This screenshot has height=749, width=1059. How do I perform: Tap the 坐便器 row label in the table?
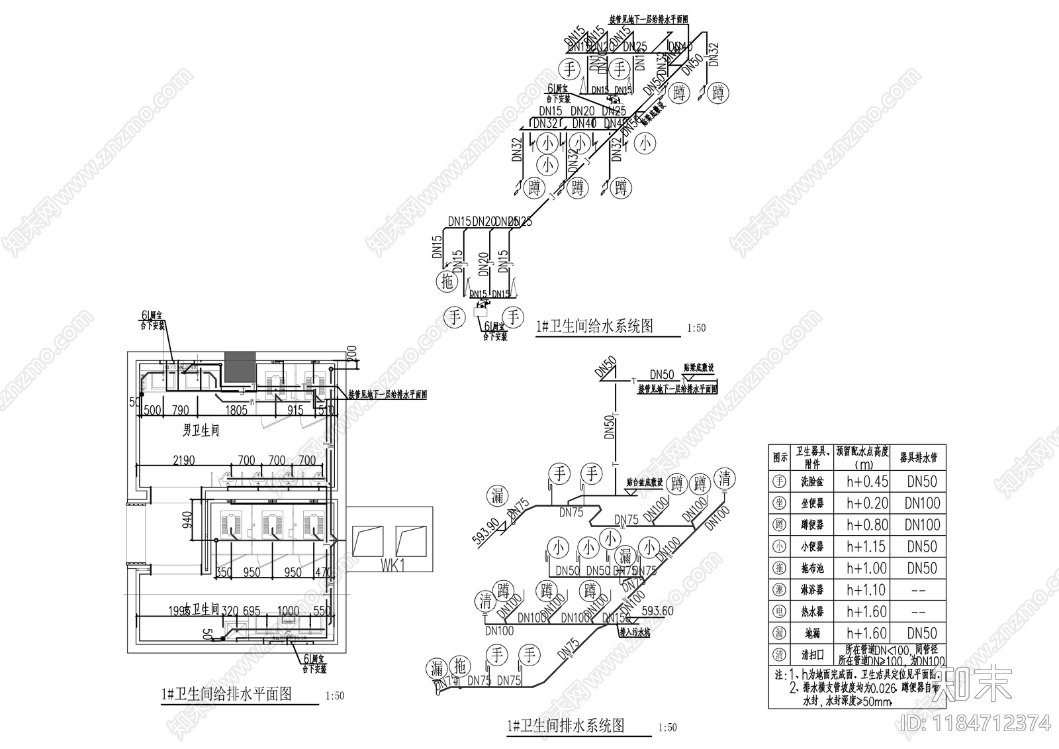(812, 504)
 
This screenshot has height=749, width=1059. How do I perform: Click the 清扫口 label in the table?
(812, 655)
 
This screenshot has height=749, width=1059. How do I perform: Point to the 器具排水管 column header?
(919, 458)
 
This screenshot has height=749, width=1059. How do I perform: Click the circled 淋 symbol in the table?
(780, 590)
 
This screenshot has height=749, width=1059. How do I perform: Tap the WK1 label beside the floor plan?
(392, 565)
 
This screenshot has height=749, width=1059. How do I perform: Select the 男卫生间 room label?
(201, 431)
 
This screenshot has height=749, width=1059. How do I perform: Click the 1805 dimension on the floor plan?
(236, 411)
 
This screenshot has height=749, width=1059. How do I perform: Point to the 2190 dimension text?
(183, 460)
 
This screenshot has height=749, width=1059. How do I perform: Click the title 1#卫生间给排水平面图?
(226, 695)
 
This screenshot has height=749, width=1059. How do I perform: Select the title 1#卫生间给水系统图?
(594, 326)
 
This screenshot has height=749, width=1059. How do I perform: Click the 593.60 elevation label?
(657, 611)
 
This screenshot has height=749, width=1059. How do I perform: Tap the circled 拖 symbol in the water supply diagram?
(447, 281)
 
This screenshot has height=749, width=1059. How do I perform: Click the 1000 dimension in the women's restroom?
(288, 611)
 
